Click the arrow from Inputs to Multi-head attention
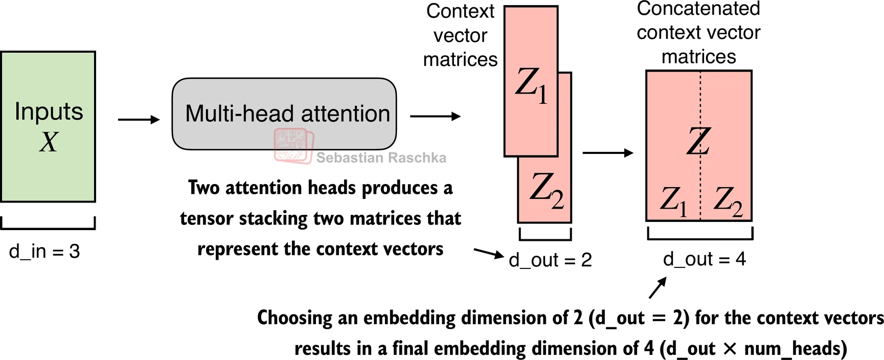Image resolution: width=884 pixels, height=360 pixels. (139, 120)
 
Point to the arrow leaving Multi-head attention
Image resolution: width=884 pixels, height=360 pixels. (435, 117)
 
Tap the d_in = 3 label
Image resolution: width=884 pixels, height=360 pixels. (44, 252)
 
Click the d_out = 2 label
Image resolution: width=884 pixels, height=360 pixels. (550, 260)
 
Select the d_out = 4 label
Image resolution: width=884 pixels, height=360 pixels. (704, 259)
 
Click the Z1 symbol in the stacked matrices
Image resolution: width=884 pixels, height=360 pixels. (531, 86)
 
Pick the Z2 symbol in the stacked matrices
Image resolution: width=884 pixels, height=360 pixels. (546, 190)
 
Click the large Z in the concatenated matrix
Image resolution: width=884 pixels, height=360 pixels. (698, 141)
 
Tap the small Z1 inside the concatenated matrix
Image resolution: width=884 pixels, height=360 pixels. (673, 201)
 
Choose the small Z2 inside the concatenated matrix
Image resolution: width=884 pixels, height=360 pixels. (728, 201)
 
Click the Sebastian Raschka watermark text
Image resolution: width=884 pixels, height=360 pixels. (381, 157)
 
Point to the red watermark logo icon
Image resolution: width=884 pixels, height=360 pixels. (293, 145)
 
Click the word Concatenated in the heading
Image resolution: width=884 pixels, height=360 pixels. (698, 9)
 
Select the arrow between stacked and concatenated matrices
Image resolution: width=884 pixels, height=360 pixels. (608, 152)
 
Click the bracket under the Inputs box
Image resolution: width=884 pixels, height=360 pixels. (48, 225)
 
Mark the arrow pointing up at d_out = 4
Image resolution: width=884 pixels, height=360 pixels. (658, 287)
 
